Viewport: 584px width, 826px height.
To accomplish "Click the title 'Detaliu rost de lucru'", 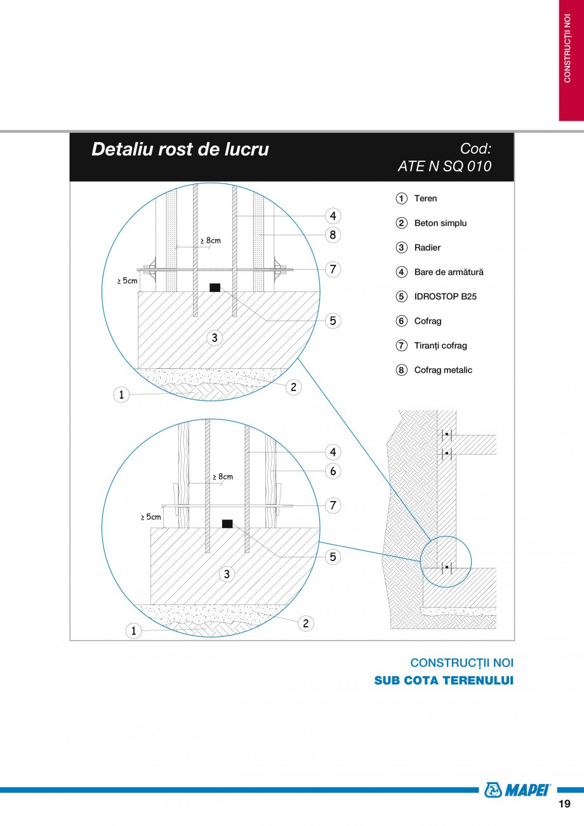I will [180, 149].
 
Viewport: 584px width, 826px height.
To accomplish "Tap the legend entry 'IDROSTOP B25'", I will [445, 296].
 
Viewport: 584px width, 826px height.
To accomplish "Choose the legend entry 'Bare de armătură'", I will [448, 272].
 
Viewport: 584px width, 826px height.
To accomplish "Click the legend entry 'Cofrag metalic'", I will [443, 370].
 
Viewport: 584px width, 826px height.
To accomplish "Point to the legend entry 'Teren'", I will [425, 199].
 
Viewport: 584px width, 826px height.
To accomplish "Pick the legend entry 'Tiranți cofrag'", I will [440, 346].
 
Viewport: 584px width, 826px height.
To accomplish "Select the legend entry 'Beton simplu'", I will [440, 223].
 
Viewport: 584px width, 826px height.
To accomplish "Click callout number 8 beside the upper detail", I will [333, 235].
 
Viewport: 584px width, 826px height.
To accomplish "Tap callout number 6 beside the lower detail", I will [333, 471].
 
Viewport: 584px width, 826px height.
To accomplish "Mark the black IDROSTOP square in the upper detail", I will [215, 288].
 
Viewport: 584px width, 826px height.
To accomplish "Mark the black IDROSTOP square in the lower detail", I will [227, 524].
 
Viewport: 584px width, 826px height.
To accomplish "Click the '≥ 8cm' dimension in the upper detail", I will [211, 241].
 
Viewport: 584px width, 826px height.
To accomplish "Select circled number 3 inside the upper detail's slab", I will [215, 338].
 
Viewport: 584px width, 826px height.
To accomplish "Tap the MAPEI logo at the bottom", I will [517, 790].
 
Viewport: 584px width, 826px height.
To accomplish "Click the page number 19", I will [564, 804].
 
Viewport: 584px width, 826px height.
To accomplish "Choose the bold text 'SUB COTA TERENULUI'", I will [444, 681].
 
